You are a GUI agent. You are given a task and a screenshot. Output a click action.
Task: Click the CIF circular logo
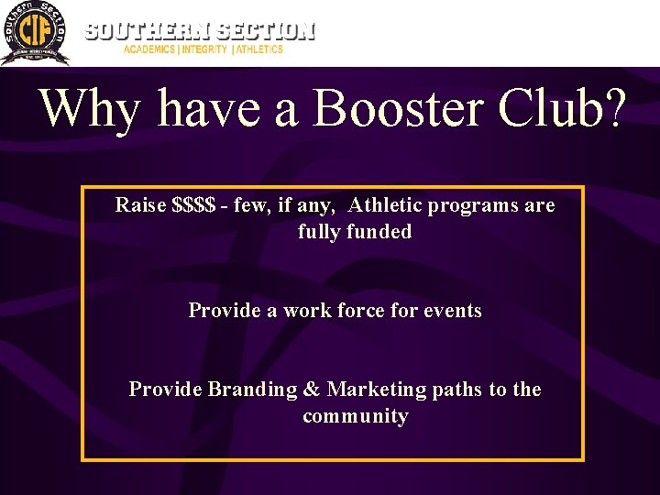coord(35,34)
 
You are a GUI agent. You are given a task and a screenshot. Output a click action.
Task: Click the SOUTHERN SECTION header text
coord(200,30)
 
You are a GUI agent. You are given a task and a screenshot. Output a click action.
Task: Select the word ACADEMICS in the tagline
coord(150,49)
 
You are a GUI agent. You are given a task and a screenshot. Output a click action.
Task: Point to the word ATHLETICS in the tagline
coord(260,49)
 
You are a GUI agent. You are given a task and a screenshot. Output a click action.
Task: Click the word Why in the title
coord(90,109)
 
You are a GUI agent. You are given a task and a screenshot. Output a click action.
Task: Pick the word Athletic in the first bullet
coord(388,205)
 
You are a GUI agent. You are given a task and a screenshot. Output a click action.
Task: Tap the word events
coord(452,311)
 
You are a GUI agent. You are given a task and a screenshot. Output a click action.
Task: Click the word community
coord(355,417)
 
